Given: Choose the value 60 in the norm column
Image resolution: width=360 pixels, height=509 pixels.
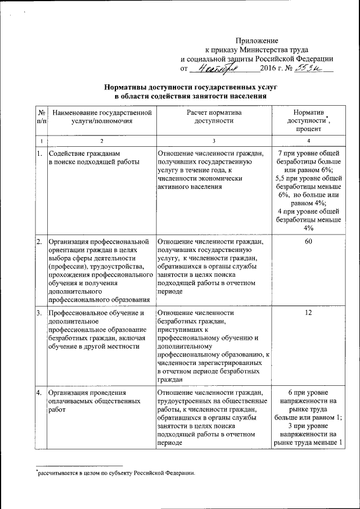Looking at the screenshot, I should tap(308, 241).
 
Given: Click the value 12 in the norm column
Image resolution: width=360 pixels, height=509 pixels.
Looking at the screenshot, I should tap(308, 312).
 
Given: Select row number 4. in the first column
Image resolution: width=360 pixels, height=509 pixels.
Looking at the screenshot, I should tap(39, 392).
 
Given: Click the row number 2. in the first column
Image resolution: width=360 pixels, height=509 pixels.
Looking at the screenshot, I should tap(39, 241).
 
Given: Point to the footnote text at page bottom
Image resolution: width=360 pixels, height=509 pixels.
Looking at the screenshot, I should tap(115, 472).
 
